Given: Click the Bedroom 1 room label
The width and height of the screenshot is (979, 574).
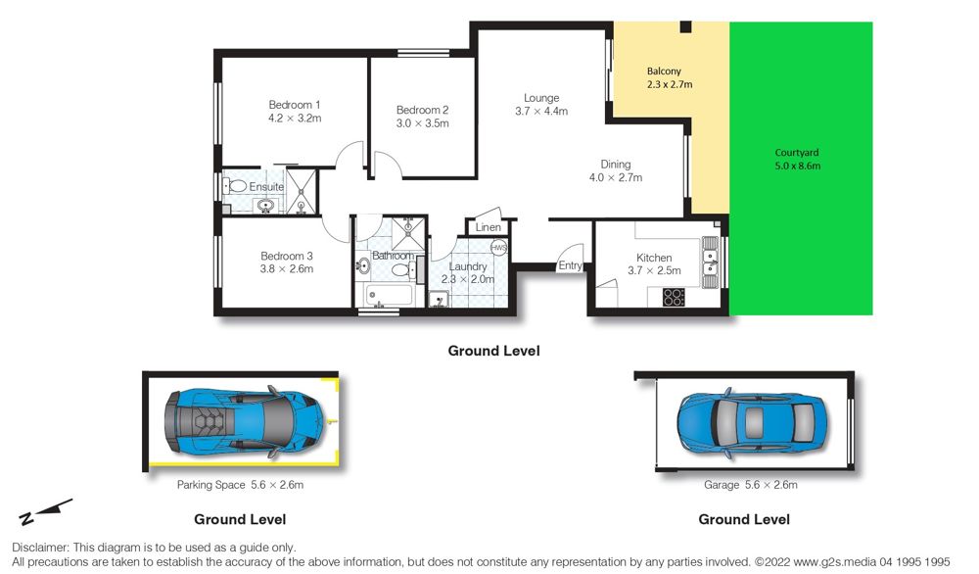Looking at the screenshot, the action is click(x=294, y=105).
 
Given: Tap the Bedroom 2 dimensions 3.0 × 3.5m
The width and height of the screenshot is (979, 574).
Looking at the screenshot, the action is click(x=422, y=123).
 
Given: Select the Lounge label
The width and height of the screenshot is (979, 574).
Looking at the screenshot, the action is click(x=541, y=98).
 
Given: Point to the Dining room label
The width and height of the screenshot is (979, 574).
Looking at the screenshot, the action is click(x=615, y=165).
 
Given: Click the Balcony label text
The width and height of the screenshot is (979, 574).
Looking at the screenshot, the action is click(x=664, y=72).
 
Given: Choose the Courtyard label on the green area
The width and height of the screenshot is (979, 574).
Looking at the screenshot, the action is click(x=797, y=153).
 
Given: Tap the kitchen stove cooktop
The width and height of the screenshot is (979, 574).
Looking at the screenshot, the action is click(x=674, y=297).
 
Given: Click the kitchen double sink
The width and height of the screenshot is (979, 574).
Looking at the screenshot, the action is click(x=710, y=263).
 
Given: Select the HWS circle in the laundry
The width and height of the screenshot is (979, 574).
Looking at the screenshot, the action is click(x=498, y=248).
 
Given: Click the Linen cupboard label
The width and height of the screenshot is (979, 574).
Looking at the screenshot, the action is click(x=488, y=227).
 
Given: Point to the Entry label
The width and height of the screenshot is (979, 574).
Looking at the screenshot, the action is click(x=570, y=265).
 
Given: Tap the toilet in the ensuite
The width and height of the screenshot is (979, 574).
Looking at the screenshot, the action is click(x=236, y=185).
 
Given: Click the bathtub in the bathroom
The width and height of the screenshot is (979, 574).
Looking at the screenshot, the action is click(x=389, y=295).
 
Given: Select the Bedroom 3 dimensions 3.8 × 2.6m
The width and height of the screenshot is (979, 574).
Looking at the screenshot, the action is click(x=287, y=269).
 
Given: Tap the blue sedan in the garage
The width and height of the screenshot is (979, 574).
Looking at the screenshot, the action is click(x=752, y=423).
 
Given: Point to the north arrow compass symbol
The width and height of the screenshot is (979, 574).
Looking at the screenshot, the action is click(x=46, y=511).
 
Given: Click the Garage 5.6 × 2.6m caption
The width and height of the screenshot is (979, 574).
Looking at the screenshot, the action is click(x=751, y=485).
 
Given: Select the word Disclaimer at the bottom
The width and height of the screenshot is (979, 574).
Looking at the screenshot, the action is click(x=39, y=548).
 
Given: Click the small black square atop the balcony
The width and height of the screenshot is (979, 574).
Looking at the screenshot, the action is click(x=685, y=26).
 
